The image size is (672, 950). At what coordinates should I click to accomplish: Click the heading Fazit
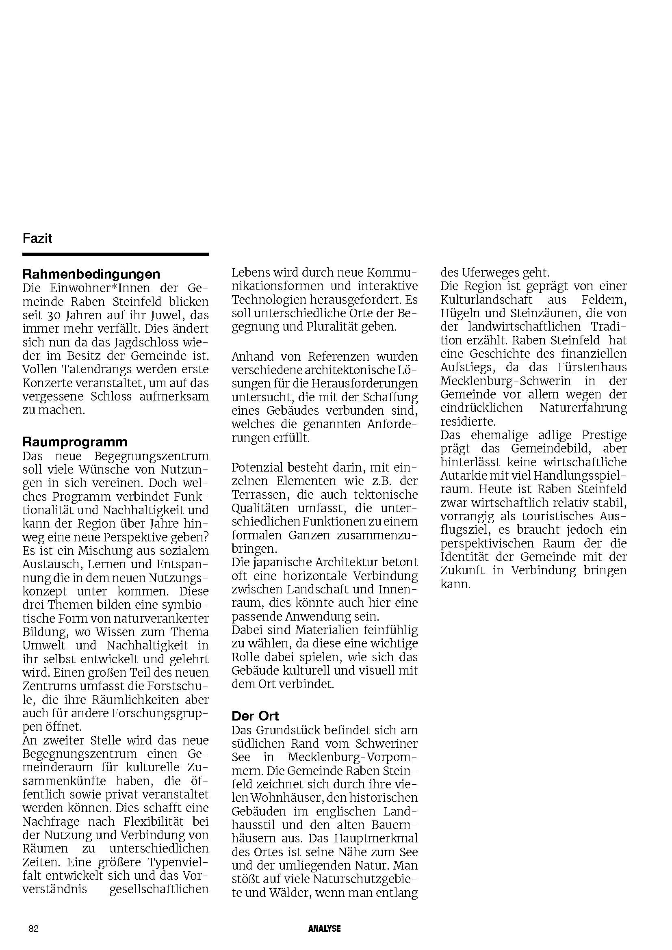point(37,239)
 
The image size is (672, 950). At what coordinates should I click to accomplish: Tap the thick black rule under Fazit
point(115,254)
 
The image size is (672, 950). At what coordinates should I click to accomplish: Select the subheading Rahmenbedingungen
point(91,274)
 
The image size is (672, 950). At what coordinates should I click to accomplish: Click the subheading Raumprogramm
point(75,442)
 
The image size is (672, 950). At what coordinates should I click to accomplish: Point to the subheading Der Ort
point(255,705)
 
